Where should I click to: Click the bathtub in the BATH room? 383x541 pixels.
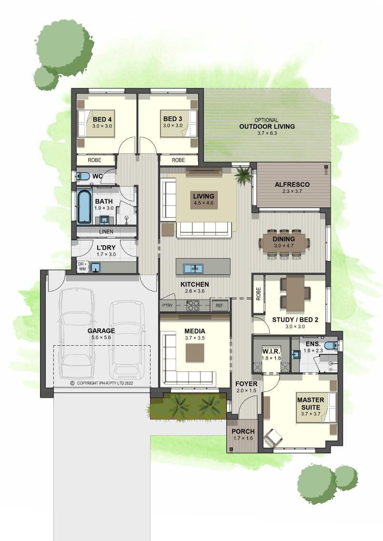84,206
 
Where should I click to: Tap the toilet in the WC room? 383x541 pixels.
83,176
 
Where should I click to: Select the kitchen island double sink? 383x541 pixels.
193,268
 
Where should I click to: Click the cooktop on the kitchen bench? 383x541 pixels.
193,305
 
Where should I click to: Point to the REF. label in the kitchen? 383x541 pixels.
220,306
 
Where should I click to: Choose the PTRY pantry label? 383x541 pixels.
167,306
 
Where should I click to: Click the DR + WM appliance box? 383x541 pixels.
82,267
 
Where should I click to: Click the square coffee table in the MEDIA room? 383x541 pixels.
195,353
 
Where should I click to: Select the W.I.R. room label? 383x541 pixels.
271,351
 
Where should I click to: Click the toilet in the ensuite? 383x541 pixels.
332,345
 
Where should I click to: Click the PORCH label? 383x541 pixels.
243,431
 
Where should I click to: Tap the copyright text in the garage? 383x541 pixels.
102,383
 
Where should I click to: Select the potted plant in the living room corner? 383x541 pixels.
244,175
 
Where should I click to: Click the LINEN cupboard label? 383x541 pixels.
106,231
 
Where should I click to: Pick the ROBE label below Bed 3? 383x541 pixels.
178,160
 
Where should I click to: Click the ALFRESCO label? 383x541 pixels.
292,185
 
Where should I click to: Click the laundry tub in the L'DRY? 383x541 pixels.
95,268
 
